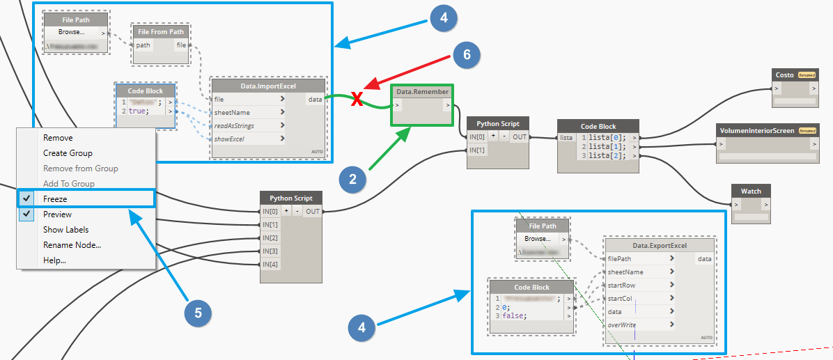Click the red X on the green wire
point(357,100)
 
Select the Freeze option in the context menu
point(55,199)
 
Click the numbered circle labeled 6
point(467,55)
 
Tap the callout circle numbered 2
point(353,180)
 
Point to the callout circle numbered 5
point(198,313)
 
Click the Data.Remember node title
point(423,92)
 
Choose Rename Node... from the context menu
point(72,245)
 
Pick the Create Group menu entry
point(68,153)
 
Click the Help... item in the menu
point(54,260)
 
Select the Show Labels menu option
point(65,230)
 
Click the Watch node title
point(751,191)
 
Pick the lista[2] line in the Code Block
point(607,156)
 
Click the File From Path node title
point(161,31)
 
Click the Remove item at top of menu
point(58,138)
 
